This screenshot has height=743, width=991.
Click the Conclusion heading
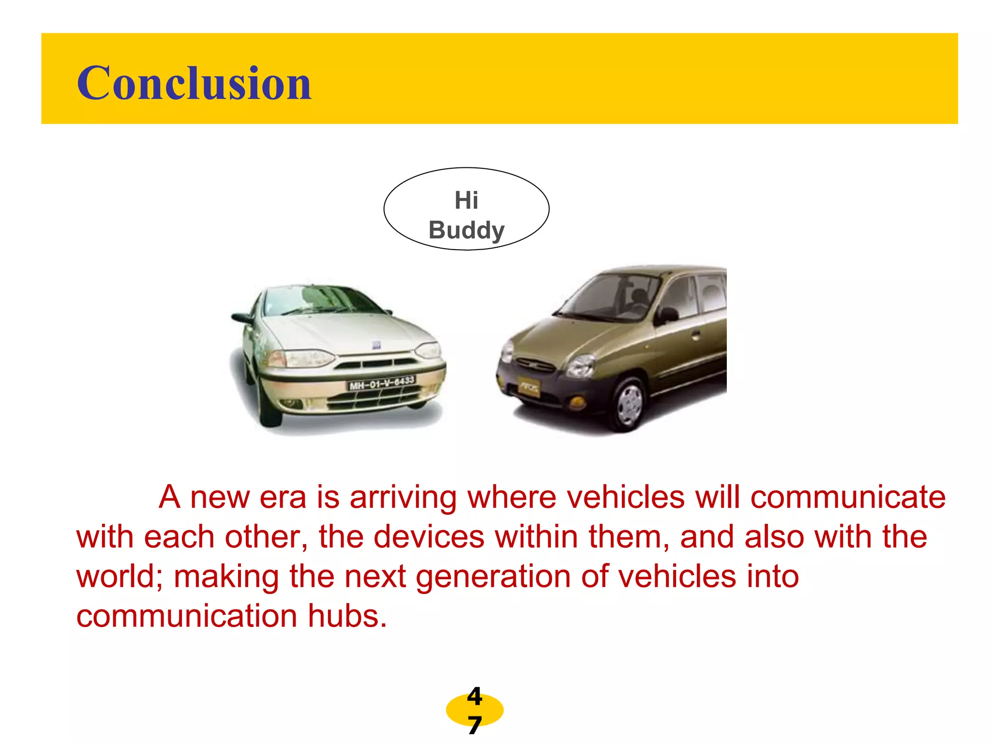(x=194, y=83)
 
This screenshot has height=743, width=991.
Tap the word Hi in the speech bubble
(x=466, y=200)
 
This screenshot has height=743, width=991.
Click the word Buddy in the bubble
(x=466, y=230)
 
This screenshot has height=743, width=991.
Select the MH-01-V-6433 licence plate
(x=382, y=383)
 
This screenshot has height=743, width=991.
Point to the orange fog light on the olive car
(x=576, y=401)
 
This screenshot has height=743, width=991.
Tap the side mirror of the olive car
(x=666, y=315)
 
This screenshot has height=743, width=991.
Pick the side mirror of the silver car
(x=242, y=318)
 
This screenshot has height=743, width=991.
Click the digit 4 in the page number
(x=474, y=697)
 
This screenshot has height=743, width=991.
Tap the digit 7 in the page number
(x=474, y=726)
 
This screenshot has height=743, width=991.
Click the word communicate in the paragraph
(x=848, y=497)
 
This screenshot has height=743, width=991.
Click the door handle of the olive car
(x=695, y=335)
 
